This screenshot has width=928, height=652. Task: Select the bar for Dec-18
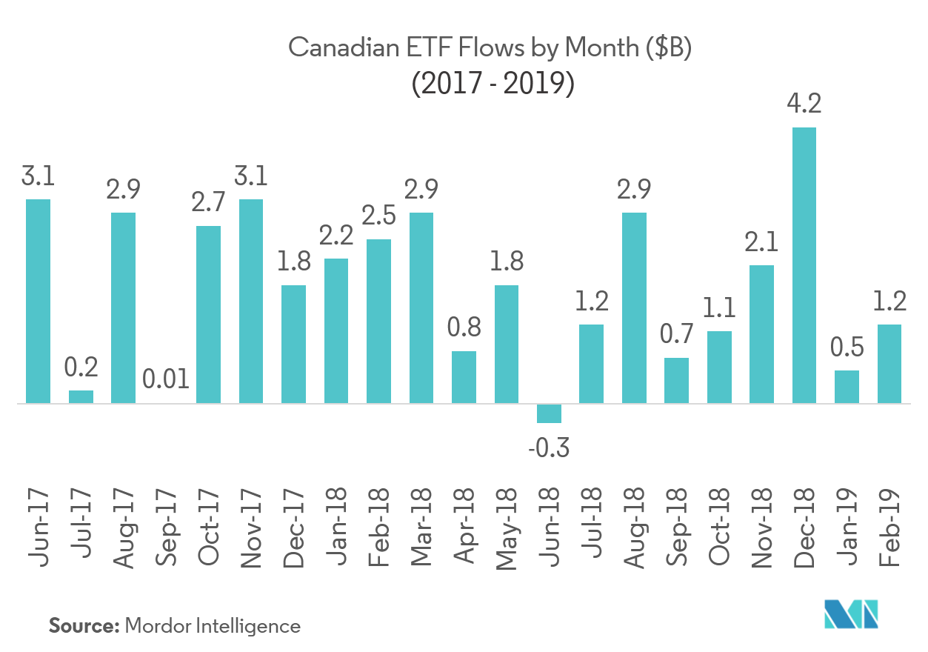[804, 265]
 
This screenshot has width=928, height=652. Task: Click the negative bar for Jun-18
[549, 413]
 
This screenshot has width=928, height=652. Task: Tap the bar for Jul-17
[81, 396]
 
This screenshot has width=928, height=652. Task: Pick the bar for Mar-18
[421, 307]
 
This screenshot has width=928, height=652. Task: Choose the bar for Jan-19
[847, 387]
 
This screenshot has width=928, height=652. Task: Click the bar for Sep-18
[676, 381]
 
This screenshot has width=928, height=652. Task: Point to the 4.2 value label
[804, 104]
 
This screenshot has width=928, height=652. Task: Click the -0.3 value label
[548, 448]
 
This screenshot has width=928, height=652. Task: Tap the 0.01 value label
[166, 382]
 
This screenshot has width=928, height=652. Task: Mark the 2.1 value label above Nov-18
[761, 242]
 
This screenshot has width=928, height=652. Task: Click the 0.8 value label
[464, 327]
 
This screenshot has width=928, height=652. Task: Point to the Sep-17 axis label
[167, 528]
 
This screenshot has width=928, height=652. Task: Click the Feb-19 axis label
[889, 528]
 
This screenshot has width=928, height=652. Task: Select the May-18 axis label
[507, 528]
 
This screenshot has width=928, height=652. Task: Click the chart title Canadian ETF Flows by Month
[489, 49]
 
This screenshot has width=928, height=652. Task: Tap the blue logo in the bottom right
[852, 615]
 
